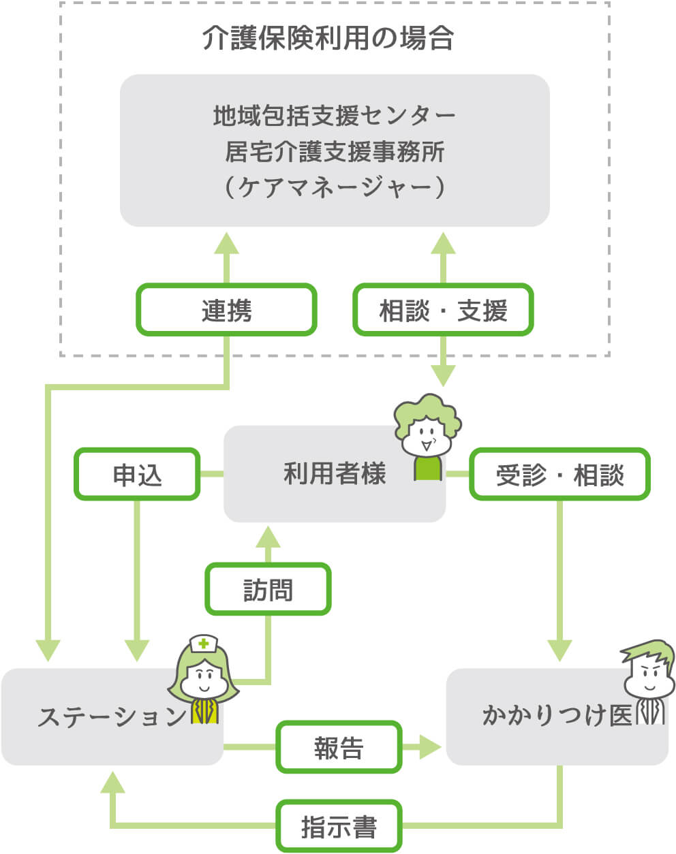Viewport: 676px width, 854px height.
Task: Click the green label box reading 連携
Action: click(x=227, y=311)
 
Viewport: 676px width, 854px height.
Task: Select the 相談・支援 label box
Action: click(x=443, y=311)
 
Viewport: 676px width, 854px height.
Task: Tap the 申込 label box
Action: click(x=137, y=475)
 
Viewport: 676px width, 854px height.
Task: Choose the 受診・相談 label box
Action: click(x=559, y=475)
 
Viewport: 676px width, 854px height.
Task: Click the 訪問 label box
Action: click(x=268, y=589)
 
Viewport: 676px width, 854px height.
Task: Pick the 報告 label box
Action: click(x=339, y=748)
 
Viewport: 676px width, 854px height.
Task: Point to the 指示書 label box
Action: click(x=339, y=827)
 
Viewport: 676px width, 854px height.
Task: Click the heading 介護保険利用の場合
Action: click(x=328, y=38)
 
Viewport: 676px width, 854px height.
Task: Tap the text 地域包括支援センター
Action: click(x=334, y=116)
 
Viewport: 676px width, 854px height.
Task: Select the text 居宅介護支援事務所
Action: click(x=334, y=151)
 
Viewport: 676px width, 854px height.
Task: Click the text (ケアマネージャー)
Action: click(x=334, y=187)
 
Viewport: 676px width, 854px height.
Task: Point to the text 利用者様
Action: click(x=334, y=473)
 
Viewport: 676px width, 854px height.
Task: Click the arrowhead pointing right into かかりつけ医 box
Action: click(x=430, y=747)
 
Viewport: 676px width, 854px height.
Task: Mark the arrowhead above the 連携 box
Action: click(x=227, y=243)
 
